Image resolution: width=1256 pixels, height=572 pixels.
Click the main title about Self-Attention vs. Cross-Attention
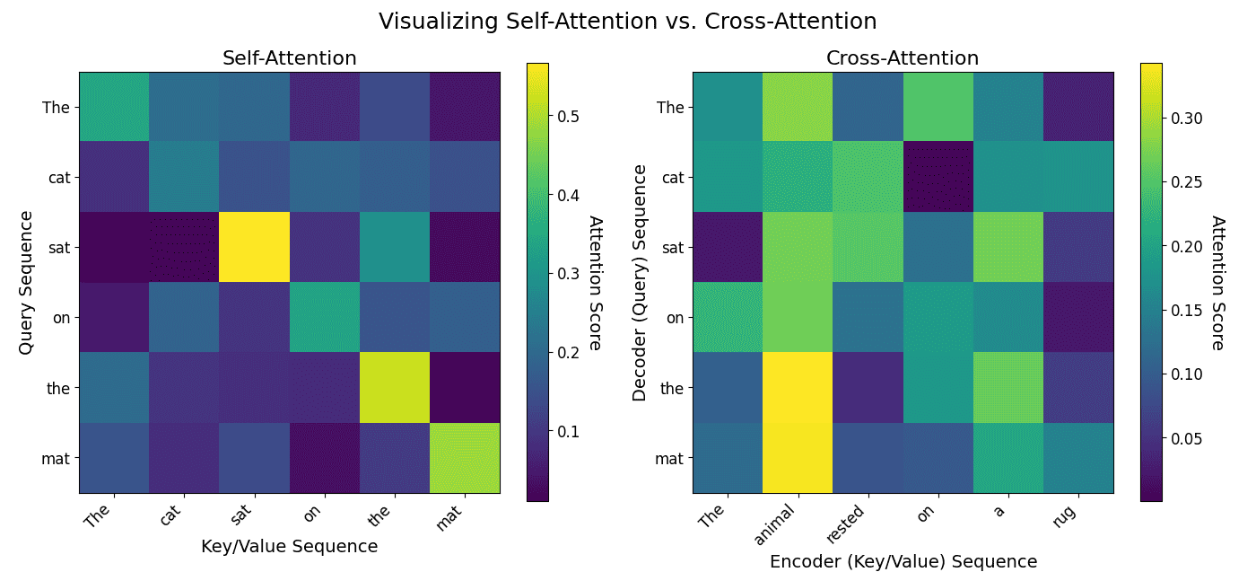pyautogui.click(x=627, y=22)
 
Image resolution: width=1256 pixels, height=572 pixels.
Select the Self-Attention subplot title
pyautogui.click(x=289, y=58)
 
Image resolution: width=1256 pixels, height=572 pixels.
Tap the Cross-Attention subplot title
pyautogui.click(x=902, y=58)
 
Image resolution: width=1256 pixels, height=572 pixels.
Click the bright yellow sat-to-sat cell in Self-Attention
pyautogui.click(x=254, y=247)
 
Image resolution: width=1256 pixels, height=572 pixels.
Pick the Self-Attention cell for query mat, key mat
pyautogui.click(x=465, y=458)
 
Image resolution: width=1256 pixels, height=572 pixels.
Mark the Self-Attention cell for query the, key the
pyautogui.click(x=395, y=388)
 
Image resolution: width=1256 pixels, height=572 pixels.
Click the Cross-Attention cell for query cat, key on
pyautogui.click(x=938, y=177)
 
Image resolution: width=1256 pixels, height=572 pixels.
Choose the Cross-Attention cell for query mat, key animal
pyautogui.click(x=798, y=458)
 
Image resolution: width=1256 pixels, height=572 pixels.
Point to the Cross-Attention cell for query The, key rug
pyautogui.click(x=1078, y=107)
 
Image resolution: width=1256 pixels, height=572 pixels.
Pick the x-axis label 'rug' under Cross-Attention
pyautogui.click(x=1068, y=514)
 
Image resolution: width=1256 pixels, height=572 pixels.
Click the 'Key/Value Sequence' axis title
pyautogui.click(x=289, y=546)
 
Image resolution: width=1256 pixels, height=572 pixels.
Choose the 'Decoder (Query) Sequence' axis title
pyautogui.click(x=640, y=283)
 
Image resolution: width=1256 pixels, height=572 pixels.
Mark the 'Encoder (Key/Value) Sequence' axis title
pyautogui.click(x=903, y=561)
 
